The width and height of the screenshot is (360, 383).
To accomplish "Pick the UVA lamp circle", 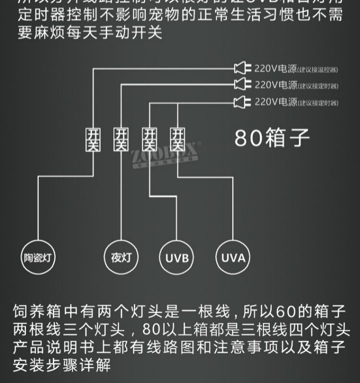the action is click(x=233, y=258).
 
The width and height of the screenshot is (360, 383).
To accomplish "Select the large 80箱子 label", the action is click(x=272, y=138).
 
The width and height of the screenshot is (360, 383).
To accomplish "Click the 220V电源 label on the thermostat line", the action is click(x=276, y=68).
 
